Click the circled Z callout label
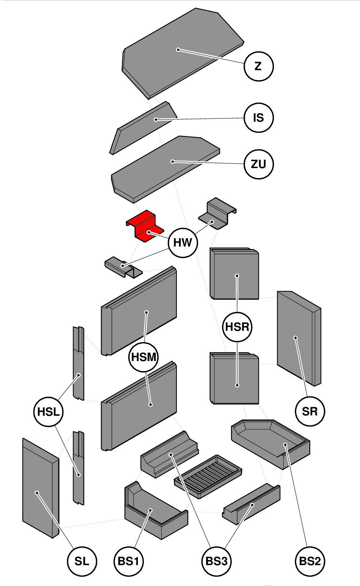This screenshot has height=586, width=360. [x=258, y=66]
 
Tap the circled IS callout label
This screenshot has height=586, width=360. [x=258, y=118]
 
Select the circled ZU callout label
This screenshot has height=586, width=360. [x=258, y=164]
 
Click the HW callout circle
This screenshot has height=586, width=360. [x=183, y=243]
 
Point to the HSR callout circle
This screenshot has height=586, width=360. [x=237, y=327]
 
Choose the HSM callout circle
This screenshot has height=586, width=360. [x=144, y=357]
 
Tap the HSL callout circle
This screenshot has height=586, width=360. [x=48, y=412]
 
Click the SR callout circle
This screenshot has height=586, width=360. [x=310, y=411]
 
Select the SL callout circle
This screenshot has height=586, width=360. [x=82, y=561]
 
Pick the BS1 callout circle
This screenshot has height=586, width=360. [x=129, y=561]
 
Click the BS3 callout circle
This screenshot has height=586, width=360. [x=216, y=561]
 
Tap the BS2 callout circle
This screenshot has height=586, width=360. [x=310, y=561]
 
